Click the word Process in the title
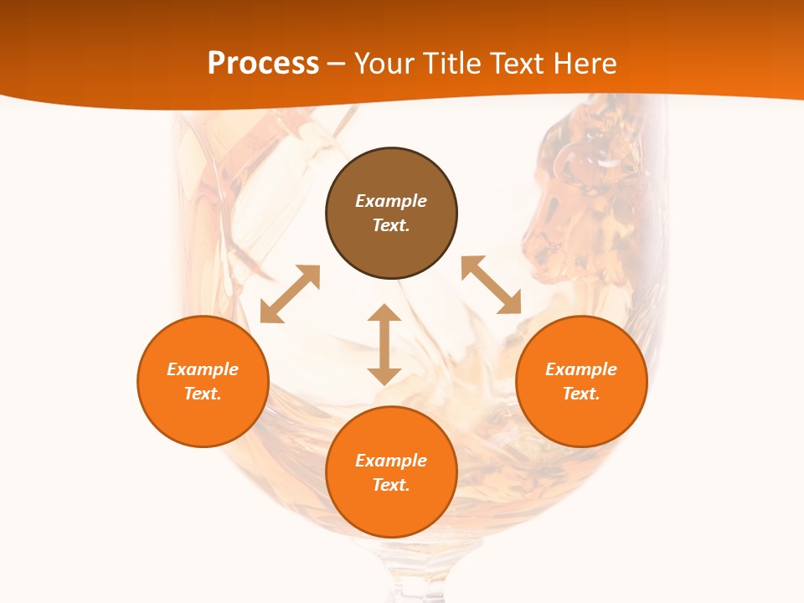pos(263,64)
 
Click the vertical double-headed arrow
pos(384,345)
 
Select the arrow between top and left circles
pos(290,294)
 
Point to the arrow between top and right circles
pos(492,285)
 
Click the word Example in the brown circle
pos(391,201)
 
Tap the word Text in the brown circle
pos(391,225)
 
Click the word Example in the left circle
pos(203,369)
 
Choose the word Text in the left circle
pos(203,394)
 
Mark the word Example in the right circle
pos(581,369)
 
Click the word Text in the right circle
pos(581,394)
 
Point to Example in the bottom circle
pos(391,461)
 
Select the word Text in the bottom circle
pos(391,485)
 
